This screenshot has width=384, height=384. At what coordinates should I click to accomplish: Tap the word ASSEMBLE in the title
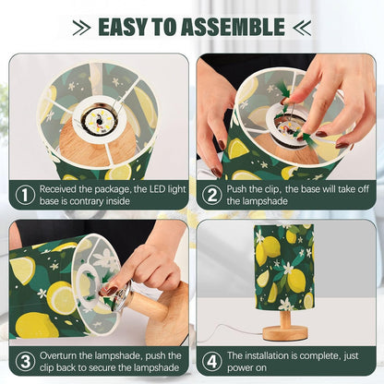[233, 27]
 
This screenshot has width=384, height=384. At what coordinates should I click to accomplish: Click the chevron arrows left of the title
[81, 27]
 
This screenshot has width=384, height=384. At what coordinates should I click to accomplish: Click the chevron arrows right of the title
[302, 27]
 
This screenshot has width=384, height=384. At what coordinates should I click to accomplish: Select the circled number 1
[26, 195]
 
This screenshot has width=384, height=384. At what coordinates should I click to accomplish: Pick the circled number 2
[211, 195]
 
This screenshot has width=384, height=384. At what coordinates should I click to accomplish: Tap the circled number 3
[26, 361]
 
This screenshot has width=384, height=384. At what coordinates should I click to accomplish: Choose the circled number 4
[211, 361]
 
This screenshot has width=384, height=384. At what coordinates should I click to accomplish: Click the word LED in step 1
[158, 189]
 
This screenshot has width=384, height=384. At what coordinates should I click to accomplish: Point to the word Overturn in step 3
[58, 355]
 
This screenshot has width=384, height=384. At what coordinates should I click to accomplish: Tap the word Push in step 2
[236, 189]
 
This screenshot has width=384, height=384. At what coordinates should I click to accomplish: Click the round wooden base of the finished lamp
[285, 333]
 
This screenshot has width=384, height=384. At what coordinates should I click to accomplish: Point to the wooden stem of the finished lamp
[285, 318]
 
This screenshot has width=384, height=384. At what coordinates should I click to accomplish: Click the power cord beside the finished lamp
[234, 331]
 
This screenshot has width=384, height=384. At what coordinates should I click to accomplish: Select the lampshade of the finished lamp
[284, 267]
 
